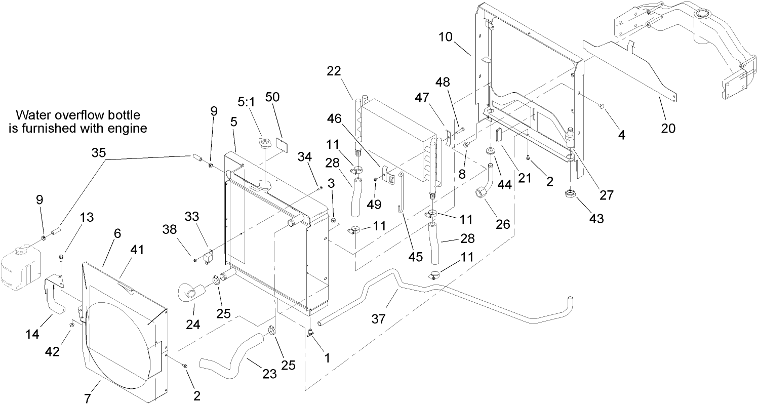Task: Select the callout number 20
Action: (x=668, y=128)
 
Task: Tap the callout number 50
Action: (x=272, y=98)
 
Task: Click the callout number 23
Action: (x=269, y=374)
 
